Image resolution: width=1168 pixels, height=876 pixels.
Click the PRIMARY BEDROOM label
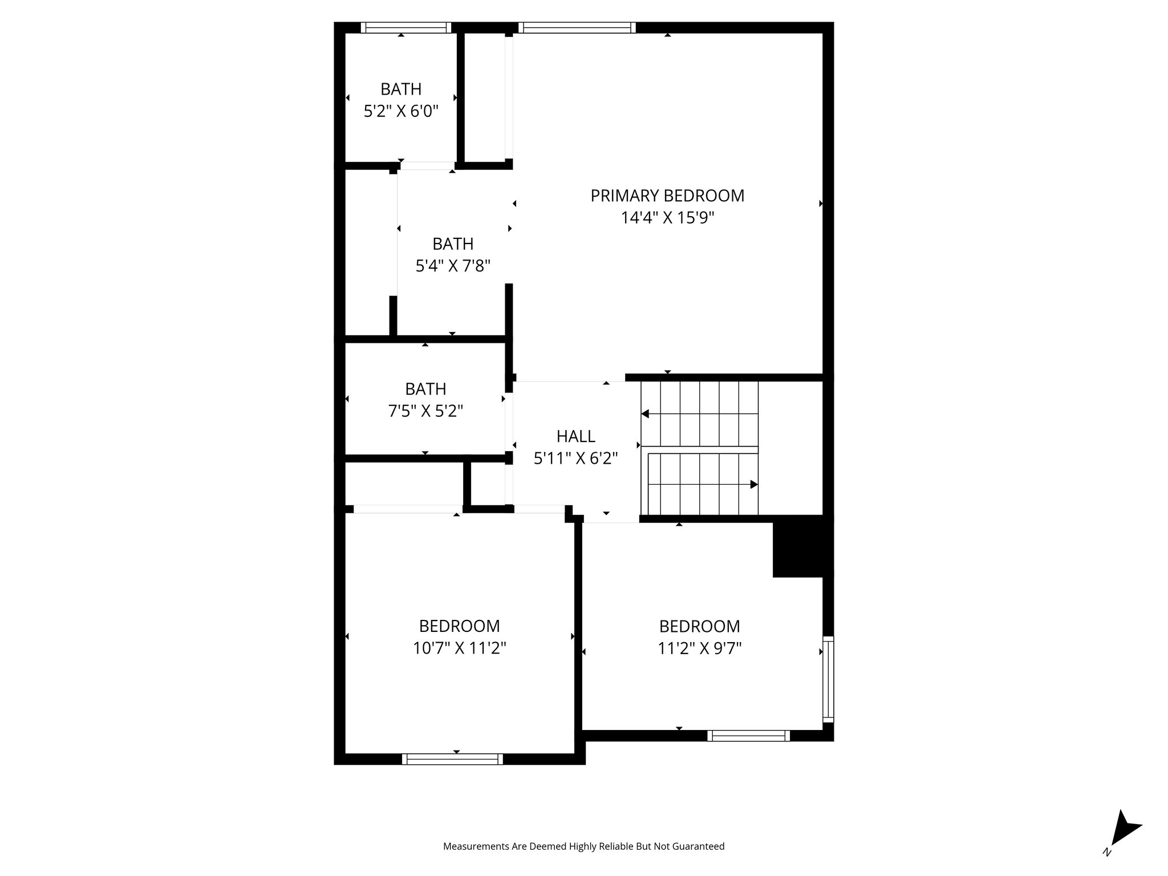tap(667, 196)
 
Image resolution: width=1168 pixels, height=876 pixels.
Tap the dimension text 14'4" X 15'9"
tap(667, 218)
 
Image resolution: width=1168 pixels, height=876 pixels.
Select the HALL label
tap(575, 436)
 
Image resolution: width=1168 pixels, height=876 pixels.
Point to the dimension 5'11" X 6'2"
tap(575, 459)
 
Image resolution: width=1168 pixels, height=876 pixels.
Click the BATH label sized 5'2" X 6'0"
tap(401, 89)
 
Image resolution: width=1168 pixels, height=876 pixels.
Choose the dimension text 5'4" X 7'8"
tap(453, 266)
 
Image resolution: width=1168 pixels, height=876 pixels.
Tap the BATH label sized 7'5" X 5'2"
tap(425, 389)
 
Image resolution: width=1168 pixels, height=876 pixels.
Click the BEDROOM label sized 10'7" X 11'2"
tap(459, 626)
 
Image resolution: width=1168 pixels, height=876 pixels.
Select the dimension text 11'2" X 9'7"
tap(699, 648)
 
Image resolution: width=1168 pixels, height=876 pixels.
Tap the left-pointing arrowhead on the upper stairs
tap(645, 413)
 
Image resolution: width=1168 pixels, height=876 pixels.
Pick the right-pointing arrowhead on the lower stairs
tap(754, 484)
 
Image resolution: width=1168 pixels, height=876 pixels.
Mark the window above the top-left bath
tap(406, 27)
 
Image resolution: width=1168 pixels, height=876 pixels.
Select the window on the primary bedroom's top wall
tap(577, 27)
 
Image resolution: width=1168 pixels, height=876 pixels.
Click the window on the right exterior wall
tap(828, 679)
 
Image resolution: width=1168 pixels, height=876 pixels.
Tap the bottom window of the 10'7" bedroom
tap(452, 759)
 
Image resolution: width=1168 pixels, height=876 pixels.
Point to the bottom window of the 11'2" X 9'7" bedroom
tap(748, 736)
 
